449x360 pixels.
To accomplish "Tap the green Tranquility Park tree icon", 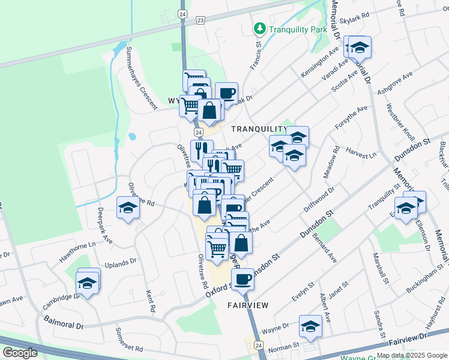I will point(259,28).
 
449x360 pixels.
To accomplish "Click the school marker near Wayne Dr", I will point(310,326).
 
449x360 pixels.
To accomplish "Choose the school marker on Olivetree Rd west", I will point(128,208).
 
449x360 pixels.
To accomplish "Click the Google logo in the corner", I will point(20,353).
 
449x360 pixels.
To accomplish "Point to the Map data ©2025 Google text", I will point(411,355).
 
